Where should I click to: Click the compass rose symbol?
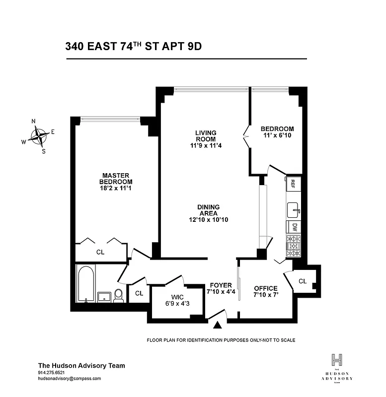tap(38, 135)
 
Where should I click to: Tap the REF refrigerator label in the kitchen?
tap(293, 183)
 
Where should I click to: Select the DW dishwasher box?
tap(294, 227)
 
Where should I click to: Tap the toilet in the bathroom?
tap(118, 296)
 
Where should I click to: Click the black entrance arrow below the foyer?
tap(217, 326)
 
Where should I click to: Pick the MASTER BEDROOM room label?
tap(116, 178)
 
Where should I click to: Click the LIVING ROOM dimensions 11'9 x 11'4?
tap(206, 145)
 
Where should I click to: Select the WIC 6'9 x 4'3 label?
tap(178, 300)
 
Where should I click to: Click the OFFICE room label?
tap(266, 288)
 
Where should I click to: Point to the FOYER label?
tap(221, 285)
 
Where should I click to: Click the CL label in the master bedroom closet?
tap(100, 252)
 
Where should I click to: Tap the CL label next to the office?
tap(303, 281)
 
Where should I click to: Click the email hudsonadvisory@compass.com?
tap(70, 378)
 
